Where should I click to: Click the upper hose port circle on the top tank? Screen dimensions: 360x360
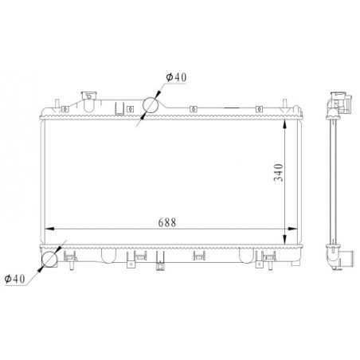[x=152, y=106]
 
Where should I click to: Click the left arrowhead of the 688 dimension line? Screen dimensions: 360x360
[x=46, y=229]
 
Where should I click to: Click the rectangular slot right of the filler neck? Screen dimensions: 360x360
[x=122, y=108]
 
